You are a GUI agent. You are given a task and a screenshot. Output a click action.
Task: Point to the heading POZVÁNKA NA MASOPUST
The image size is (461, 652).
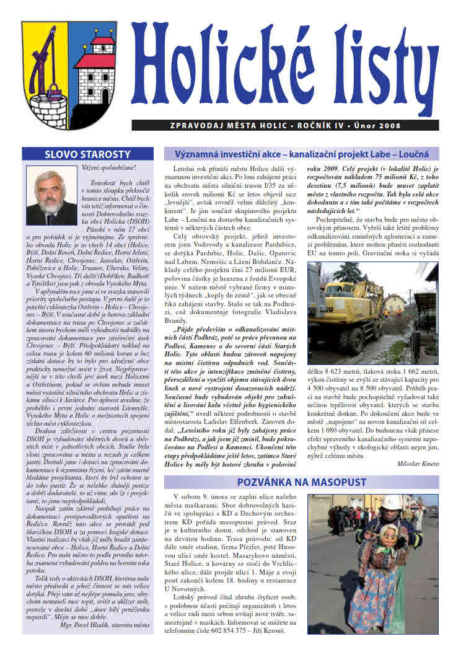click(x=301, y=482)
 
